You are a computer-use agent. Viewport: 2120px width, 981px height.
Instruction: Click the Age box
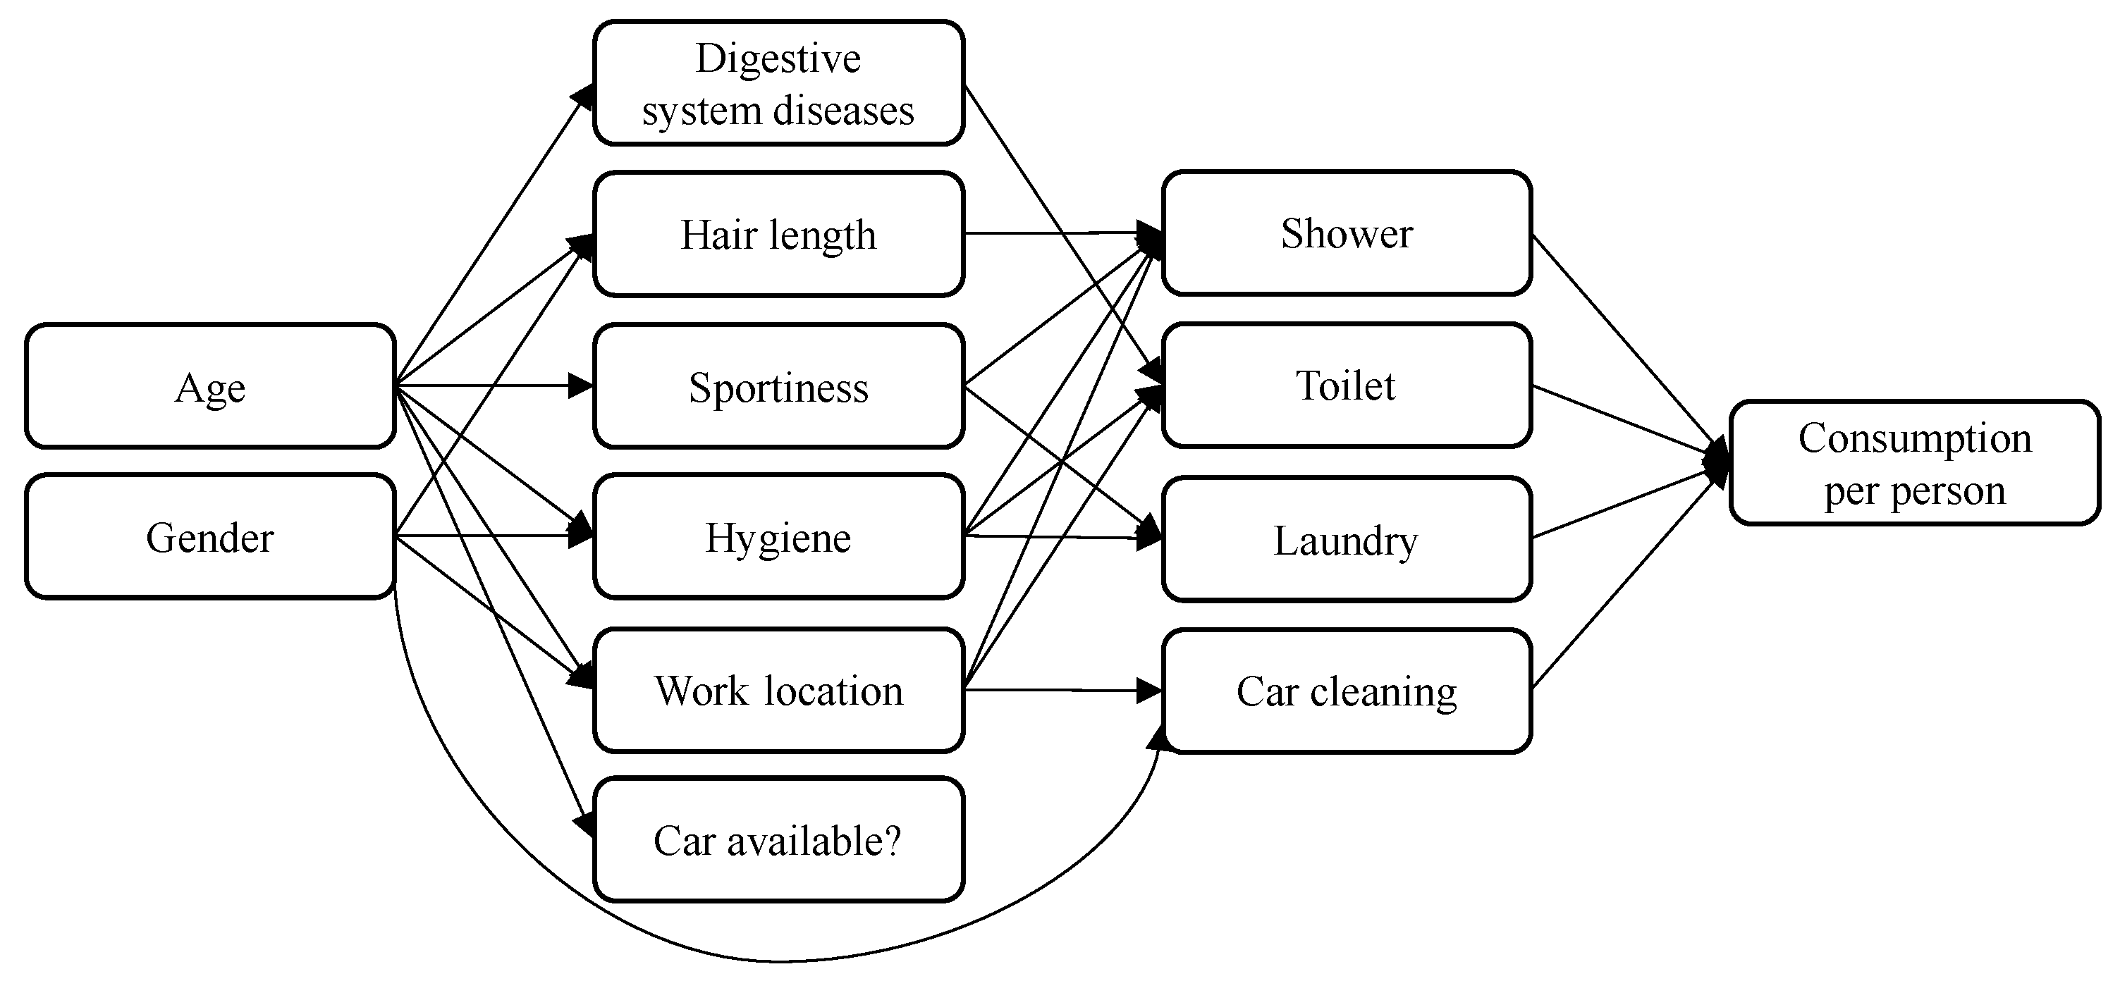210,386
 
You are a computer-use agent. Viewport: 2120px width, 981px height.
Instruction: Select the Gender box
210,536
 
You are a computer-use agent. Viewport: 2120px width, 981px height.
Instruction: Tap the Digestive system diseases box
778,83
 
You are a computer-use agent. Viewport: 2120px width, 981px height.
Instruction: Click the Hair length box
778,234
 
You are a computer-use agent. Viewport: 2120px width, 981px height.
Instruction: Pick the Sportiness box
778,386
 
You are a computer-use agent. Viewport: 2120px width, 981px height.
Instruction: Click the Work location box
778,690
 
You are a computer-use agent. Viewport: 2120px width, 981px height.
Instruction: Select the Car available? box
778,840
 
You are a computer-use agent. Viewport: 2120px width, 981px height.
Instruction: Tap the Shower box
1347,233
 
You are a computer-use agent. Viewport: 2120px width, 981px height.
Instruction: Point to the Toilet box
1347,385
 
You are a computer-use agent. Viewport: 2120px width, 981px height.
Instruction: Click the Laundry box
1347,539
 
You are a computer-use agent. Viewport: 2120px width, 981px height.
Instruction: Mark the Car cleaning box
1347,691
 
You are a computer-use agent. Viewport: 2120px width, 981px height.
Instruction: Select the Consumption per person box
1914,462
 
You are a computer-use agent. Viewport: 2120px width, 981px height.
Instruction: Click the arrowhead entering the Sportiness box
581,386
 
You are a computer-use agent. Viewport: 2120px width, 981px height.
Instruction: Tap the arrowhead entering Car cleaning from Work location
1149,691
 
